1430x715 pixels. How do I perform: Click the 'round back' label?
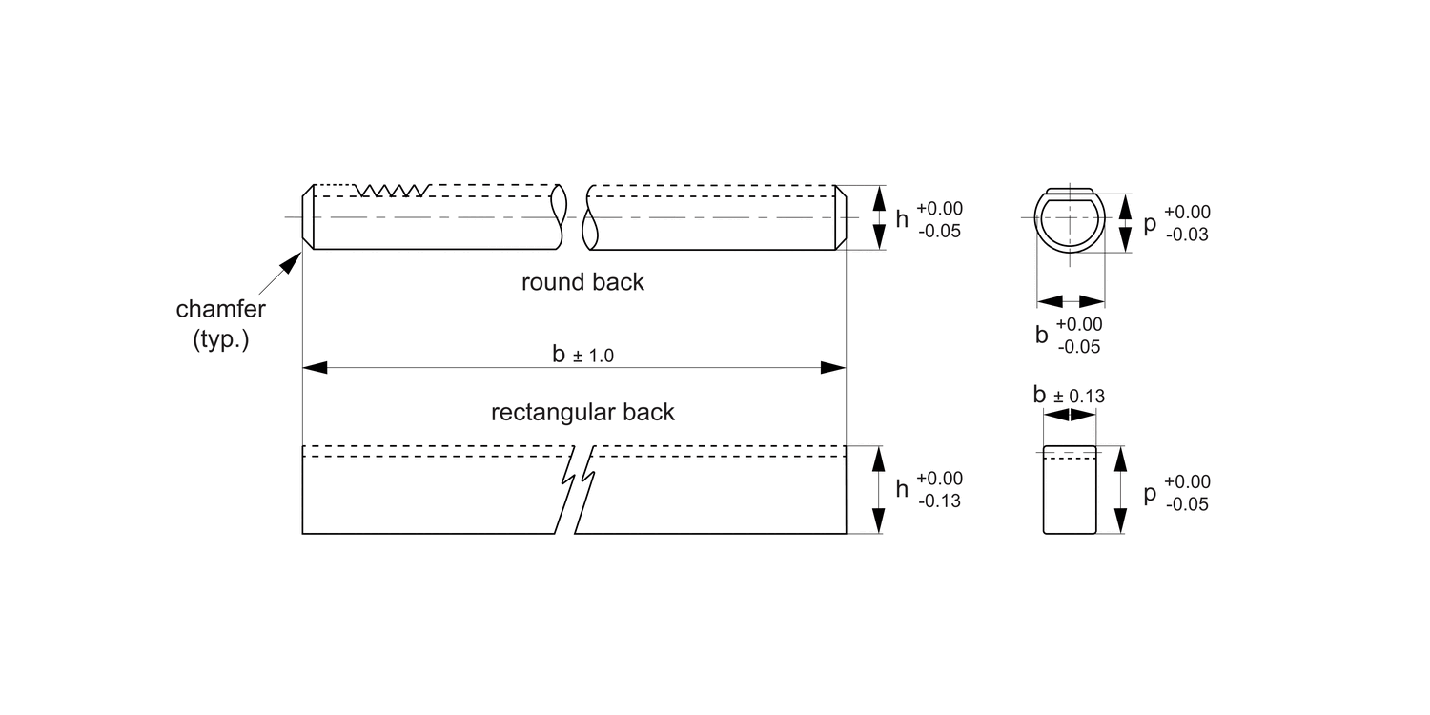pos(582,282)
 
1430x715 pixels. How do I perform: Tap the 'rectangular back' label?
pos(582,412)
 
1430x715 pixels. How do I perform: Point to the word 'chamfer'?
pos(221,310)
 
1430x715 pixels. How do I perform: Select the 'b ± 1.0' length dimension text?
pos(582,355)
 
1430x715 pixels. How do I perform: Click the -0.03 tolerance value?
pos(1187,234)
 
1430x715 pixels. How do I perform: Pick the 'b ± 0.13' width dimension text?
pos(1069,395)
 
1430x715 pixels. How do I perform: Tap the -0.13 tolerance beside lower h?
pos(939,500)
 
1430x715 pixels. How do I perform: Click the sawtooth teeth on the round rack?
pos(395,191)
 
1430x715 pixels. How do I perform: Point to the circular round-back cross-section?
pos(1070,219)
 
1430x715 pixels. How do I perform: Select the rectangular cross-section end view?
pos(1070,489)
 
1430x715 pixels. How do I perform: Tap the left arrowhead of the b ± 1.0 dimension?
pos(315,367)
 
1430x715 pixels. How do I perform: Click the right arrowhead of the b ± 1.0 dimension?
pos(834,367)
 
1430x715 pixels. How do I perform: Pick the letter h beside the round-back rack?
pos(902,219)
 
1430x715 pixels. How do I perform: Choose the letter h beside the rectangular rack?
pos(902,489)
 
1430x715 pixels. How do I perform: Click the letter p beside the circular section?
pos(1150,223)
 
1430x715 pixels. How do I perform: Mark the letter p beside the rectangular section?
pos(1150,493)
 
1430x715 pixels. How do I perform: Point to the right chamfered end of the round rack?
pos(841,217)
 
